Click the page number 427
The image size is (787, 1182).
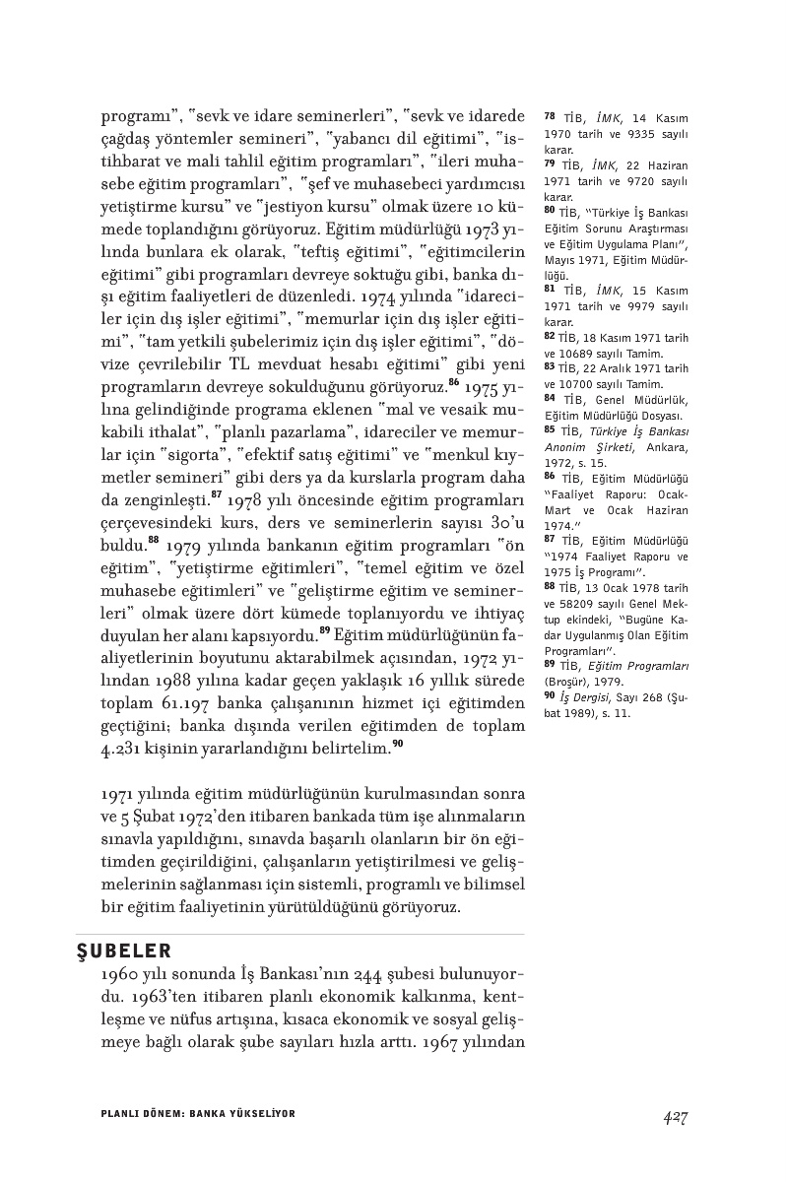(675, 1116)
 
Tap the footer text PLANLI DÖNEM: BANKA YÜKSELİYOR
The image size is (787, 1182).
(198, 1113)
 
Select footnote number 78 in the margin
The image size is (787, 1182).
(550, 116)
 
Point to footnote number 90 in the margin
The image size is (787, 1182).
(550, 696)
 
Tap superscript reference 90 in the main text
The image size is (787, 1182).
(397, 745)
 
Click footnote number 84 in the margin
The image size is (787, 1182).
(550, 398)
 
